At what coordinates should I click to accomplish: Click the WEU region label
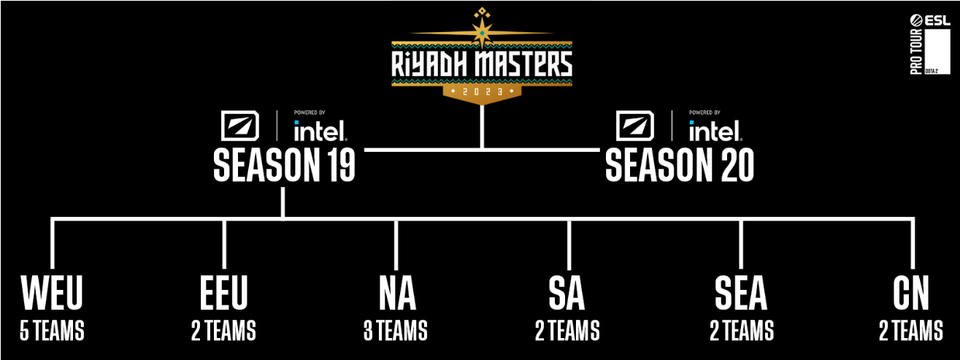[52, 293]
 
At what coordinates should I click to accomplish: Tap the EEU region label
[224, 293]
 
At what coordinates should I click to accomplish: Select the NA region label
[397, 293]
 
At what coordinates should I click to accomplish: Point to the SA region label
[567, 293]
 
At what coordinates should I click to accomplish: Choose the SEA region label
[741, 293]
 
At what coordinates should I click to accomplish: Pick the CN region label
[911, 293]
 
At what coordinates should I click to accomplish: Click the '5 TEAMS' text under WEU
[52, 331]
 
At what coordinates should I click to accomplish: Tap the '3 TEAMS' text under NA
[396, 331]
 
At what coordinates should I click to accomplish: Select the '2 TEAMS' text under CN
[911, 331]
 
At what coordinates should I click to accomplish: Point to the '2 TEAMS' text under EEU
[223, 331]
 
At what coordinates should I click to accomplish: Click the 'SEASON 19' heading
[284, 165]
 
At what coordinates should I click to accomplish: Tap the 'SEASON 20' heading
[680, 165]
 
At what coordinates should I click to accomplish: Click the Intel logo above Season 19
[320, 131]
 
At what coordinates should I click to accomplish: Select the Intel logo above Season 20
[715, 131]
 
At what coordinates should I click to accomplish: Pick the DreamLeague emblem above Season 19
[240, 126]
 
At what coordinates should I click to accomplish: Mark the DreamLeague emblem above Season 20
[635, 126]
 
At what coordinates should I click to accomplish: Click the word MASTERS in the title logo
[523, 64]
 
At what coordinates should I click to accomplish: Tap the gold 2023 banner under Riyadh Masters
[482, 91]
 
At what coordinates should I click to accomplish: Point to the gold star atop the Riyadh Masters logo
[482, 33]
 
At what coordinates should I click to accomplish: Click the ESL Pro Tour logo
[930, 45]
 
